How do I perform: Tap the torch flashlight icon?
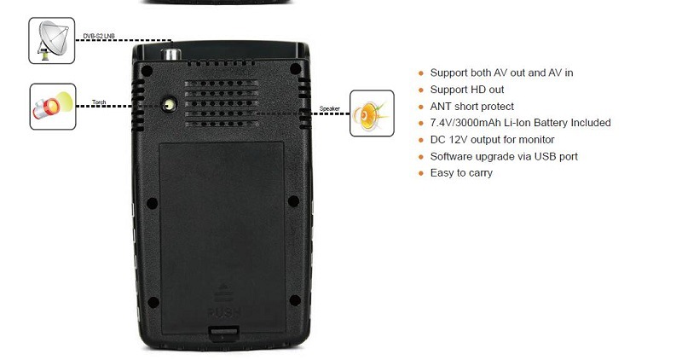pyautogui.click(x=52, y=107)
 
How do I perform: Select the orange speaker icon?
pyautogui.click(x=372, y=113)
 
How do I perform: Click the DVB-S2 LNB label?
pyautogui.click(x=100, y=36)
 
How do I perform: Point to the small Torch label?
pyautogui.click(x=99, y=102)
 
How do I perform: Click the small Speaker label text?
pyautogui.click(x=330, y=108)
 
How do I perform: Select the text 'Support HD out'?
pyautogui.click(x=466, y=90)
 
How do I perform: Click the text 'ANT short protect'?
pyautogui.click(x=471, y=107)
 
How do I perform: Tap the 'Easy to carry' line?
pyautogui.click(x=461, y=173)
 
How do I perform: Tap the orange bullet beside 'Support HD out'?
pyautogui.click(x=420, y=90)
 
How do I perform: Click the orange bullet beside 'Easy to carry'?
pyautogui.click(x=420, y=174)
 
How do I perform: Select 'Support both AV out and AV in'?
pyautogui.click(x=501, y=73)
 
